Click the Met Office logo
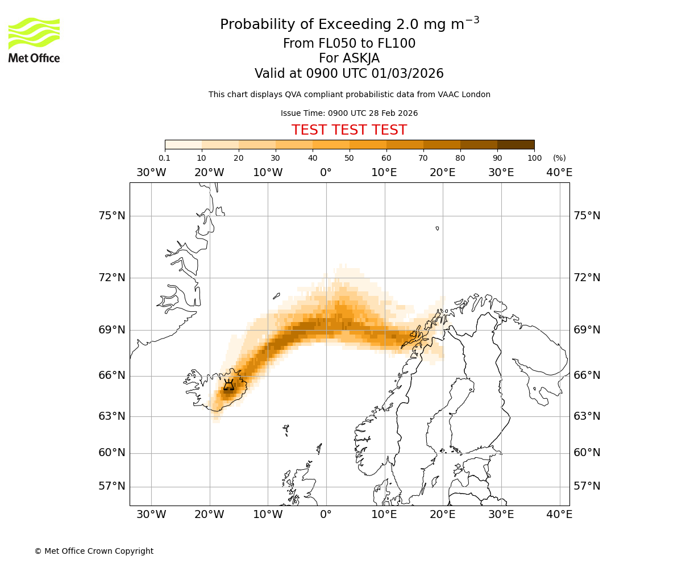(x=34, y=40)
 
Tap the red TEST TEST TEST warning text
(x=349, y=131)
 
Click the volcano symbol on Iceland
(x=228, y=385)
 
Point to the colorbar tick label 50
(x=349, y=158)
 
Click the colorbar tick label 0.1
(x=164, y=158)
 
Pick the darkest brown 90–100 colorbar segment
(x=515, y=144)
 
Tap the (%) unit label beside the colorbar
(x=559, y=158)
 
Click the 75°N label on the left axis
(x=111, y=216)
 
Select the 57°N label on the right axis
(x=587, y=486)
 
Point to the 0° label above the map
(x=326, y=173)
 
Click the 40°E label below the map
(x=559, y=515)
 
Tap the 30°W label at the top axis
(x=151, y=173)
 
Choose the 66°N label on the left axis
(x=111, y=375)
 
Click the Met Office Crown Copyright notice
(x=94, y=551)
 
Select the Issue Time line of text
(x=349, y=113)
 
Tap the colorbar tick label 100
(x=534, y=158)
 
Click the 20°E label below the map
(x=442, y=515)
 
